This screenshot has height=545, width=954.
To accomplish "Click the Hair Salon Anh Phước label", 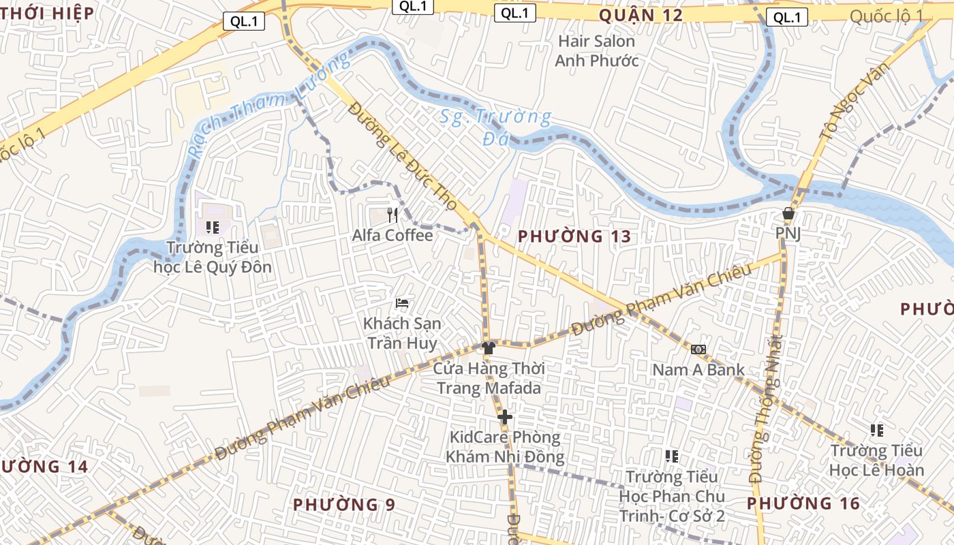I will coord(596,51).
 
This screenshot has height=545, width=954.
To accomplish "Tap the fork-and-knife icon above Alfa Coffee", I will coord(393,215).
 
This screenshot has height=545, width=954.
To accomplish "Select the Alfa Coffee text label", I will coord(393,236).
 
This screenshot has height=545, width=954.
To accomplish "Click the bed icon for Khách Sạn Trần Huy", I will coord(402,303).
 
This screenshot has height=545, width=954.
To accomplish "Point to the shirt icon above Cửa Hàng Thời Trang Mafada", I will coord(488,347).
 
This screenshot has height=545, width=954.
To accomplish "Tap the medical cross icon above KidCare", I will coord(504,417).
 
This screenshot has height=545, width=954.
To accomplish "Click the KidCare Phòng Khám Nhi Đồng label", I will coord(504,447).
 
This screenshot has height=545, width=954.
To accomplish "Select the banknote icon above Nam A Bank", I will coord(698,349).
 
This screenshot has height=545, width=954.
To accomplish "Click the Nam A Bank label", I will coord(698,370).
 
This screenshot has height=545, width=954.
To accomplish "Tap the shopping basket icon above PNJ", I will coord(788,213).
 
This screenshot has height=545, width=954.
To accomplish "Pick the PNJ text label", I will coord(788,233).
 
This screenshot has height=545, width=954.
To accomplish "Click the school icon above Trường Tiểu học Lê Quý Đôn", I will coord(212,227).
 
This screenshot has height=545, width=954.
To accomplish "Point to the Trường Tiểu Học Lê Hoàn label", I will coord(876,461).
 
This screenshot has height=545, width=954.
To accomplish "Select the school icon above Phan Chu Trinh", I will coord(672,456).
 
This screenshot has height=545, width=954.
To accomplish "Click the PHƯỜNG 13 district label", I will coord(574,236).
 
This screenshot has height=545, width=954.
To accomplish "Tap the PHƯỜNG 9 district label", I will coord(344,505).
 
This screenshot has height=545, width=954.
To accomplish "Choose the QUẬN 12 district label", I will coord(641,16).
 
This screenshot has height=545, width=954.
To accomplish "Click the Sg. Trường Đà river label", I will coord(496,127).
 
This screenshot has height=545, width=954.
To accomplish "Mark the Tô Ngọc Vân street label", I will coord(855,102).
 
